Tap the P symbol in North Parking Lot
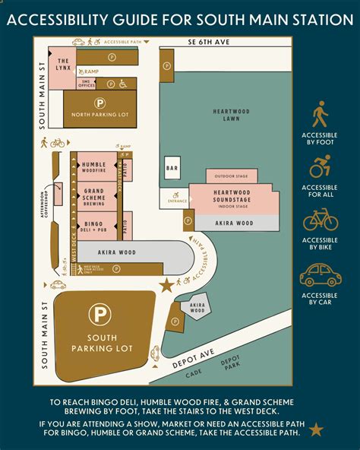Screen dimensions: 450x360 click(x=99, y=101)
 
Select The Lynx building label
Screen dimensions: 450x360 click(x=63, y=64)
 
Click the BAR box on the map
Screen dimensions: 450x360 click(x=172, y=166)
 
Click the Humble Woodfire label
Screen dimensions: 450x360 click(x=93, y=167)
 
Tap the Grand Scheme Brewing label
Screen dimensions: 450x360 click(x=93, y=196)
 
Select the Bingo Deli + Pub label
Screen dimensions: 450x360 click(x=93, y=225)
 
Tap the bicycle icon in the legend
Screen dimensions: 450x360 click(x=320, y=220)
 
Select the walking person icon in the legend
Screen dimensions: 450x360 click(x=320, y=114)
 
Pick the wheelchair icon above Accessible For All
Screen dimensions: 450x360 click(x=320, y=166)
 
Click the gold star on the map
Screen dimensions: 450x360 click(x=166, y=286)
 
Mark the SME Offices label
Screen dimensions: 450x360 click(x=86, y=84)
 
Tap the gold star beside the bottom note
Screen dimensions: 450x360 click(x=316, y=429)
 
